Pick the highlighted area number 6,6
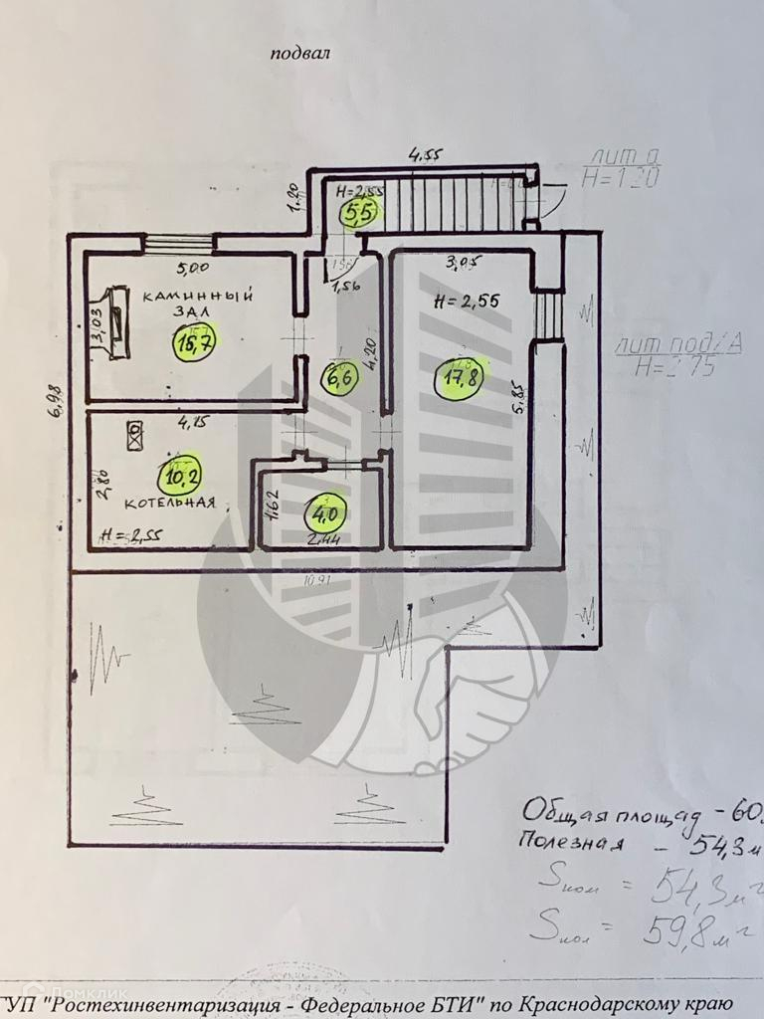click(x=335, y=377)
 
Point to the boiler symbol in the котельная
click(x=134, y=431)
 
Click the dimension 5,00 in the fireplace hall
click(x=193, y=268)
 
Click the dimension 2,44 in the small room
click(x=321, y=540)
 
